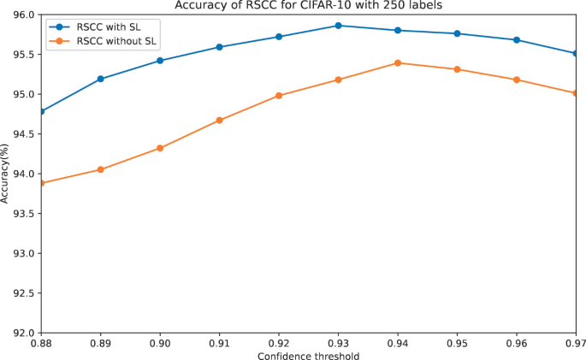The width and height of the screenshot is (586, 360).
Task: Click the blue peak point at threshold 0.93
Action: [x=338, y=26]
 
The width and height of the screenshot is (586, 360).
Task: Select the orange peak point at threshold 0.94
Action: [x=398, y=62]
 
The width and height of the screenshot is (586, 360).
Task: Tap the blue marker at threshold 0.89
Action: [x=101, y=79]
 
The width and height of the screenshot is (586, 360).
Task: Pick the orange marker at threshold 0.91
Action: [x=220, y=120]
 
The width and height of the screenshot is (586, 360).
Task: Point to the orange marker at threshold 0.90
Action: [x=160, y=148]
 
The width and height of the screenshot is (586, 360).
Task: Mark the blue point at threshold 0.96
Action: [x=517, y=40]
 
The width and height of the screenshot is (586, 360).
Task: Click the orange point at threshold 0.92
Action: [x=279, y=95]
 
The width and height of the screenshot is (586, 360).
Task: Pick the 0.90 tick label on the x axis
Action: [x=160, y=343]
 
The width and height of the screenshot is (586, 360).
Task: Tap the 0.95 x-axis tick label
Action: [x=457, y=343]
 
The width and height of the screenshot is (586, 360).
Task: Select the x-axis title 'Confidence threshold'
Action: [x=308, y=355]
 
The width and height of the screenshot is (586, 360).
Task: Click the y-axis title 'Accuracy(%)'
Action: [x=6, y=174]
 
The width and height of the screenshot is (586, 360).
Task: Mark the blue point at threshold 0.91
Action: [x=220, y=47]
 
